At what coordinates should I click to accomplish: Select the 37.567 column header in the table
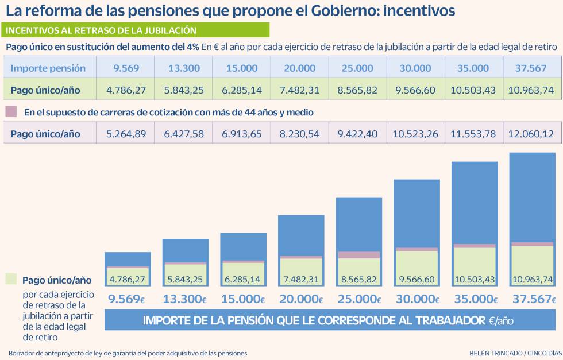(x=531, y=68)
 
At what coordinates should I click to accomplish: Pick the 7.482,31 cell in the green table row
(x=299, y=90)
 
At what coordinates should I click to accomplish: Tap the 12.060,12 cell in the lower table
(x=531, y=134)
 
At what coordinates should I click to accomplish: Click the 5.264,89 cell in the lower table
(x=126, y=134)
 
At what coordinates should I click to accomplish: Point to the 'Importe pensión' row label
(x=48, y=68)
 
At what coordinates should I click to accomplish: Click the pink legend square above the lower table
(x=10, y=111)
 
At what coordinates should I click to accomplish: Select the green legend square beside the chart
(x=10, y=279)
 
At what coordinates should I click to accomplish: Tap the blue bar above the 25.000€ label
(x=359, y=223)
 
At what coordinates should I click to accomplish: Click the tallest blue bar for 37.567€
(x=532, y=195)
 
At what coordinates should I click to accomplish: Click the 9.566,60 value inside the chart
(x=417, y=280)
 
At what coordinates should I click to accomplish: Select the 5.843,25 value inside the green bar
(x=185, y=280)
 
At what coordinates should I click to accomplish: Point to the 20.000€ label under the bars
(x=300, y=299)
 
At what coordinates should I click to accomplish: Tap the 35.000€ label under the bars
(x=474, y=299)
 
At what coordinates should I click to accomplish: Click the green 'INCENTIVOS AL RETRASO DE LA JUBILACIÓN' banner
(x=136, y=30)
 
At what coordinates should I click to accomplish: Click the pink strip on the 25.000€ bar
(x=359, y=255)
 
